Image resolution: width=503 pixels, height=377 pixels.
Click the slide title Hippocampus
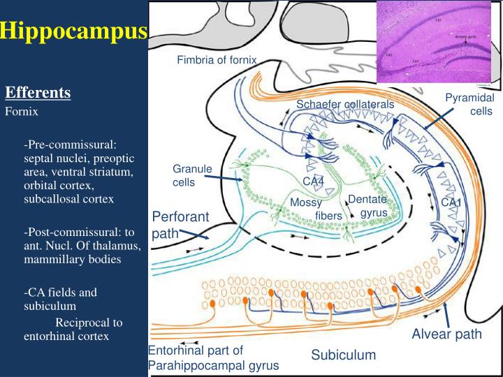[x=73, y=31]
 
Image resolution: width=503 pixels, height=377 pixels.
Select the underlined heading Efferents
[x=38, y=93]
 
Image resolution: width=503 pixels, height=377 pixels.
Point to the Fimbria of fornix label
[x=217, y=60]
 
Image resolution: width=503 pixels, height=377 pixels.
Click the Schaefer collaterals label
[x=345, y=104]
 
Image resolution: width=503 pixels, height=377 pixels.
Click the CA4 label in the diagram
[x=313, y=182]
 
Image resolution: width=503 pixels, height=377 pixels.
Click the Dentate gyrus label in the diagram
[x=367, y=205]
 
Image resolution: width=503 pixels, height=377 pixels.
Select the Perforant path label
[x=180, y=225]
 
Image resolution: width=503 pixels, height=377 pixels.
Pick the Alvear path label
[x=446, y=334]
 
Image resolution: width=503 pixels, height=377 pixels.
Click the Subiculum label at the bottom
[x=343, y=355]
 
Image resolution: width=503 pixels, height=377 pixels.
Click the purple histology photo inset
[x=439, y=43]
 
